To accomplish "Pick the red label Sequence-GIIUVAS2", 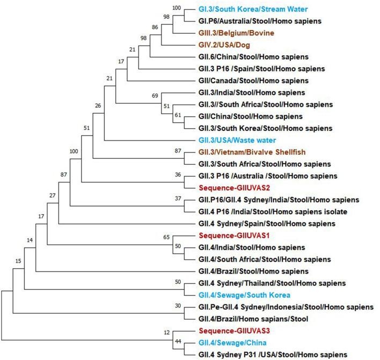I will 231,188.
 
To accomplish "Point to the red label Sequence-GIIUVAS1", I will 231,236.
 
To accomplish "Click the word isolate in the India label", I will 334,211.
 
